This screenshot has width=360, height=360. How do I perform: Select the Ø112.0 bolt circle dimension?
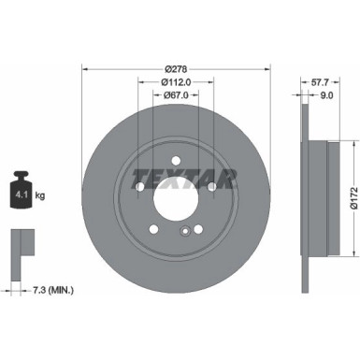tap(176, 80)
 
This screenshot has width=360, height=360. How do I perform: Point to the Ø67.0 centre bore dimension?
tap(176, 94)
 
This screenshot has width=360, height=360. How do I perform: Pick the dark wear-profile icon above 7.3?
tap(19, 245)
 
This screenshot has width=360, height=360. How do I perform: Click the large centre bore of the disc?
tap(176, 198)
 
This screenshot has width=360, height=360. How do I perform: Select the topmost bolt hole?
tap(176, 160)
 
